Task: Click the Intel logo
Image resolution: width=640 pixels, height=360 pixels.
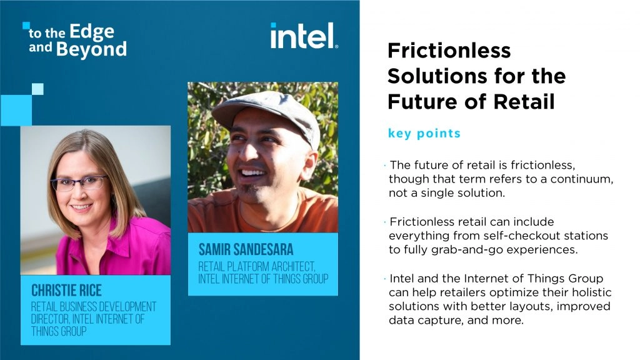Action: pyautogui.click(x=304, y=36)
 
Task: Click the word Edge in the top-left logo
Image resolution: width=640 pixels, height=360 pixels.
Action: pyautogui.click(x=92, y=31)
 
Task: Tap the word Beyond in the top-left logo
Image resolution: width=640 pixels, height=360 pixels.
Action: pyautogui.click(x=91, y=49)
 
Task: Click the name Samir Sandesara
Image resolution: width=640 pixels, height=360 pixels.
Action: pyautogui.click(x=246, y=250)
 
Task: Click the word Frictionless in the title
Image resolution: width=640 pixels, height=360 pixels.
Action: pyautogui.click(x=449, y=51)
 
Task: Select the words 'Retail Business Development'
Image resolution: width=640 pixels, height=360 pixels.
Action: pyautogui.click(x=94, y=307)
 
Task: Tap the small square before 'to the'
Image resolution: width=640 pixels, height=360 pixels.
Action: pyautogui.click(x=26, y=26)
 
